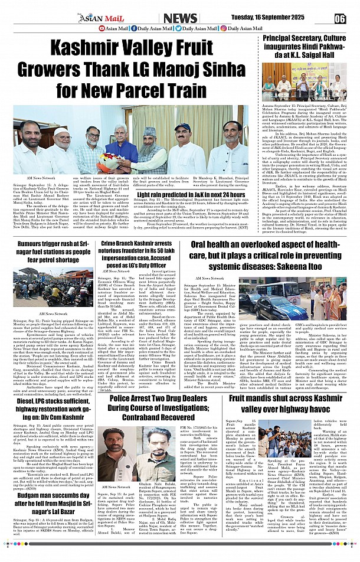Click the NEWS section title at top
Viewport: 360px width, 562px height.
180,18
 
